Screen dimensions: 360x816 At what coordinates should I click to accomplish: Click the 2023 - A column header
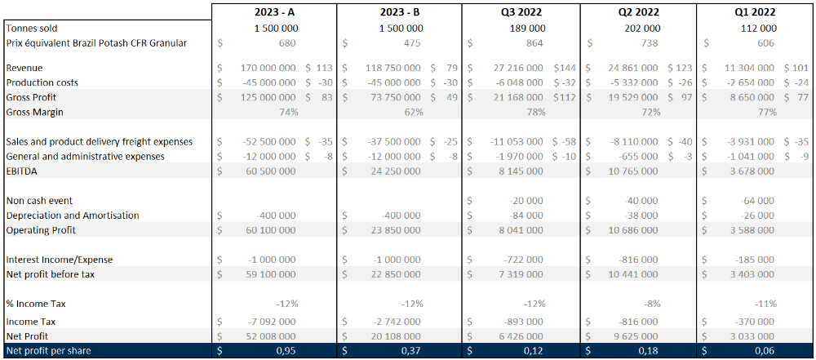click(x=274, y=12)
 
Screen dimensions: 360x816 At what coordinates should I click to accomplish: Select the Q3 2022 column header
click(x=521, y=12)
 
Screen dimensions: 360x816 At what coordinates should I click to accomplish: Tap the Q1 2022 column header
click(x=754, y=12)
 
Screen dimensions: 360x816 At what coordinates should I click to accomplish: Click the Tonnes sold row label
click(x=32, y=28)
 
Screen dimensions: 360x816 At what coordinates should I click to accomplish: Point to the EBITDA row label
click(x=22, y=171)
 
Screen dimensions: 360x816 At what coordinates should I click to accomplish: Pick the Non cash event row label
click(x=39, y=201)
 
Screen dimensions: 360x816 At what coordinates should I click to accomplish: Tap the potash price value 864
click(x=533, y=42)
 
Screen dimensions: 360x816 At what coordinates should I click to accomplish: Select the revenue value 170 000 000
click(x=268, y=68)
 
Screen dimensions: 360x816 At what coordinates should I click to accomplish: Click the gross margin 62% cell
click(x=413, y=112)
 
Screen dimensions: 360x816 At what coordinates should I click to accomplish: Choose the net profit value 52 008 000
click(x=268, y=336)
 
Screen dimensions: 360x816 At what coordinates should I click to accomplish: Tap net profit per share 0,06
click(x=765, y=351)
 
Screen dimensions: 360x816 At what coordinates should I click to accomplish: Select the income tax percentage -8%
click(x=650, y=303)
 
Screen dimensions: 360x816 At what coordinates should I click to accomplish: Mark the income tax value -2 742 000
click(x=392, y=322)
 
